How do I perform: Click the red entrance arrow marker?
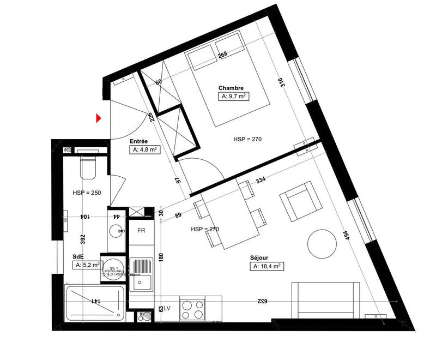coord(99,118)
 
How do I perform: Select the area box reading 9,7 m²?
coord(234,97)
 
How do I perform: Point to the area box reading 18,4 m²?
coord(266,266)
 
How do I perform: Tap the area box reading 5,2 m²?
coord(87,265)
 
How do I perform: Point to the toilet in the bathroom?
coord(88,167)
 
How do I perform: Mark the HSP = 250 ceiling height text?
coord(86,193)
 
